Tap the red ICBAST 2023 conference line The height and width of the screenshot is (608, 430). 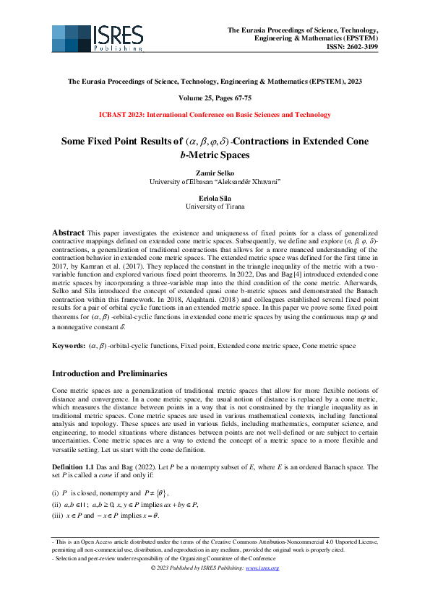[215, 114]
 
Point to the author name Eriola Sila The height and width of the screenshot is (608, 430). [215, 198]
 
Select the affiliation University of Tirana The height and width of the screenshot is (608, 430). [215, 207]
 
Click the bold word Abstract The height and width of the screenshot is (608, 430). [69, 233]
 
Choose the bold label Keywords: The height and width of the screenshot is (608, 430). [68, 347]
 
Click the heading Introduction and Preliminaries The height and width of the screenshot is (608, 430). [110, 374]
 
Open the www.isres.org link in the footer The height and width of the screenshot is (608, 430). [263, 568]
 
